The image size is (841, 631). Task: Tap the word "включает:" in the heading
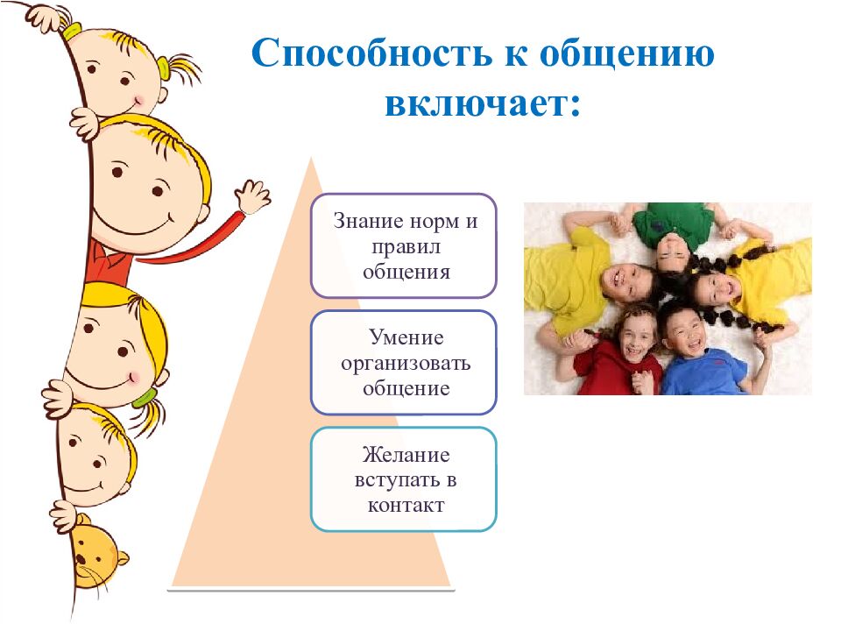pyautogui.click(x=483, y=103)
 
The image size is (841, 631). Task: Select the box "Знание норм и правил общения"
pyautogui.click(x=404, y=245)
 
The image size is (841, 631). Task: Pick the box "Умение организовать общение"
pyautogui.click(x=404, y=363)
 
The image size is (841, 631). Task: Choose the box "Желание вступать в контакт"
pyautogui.click(x=404, y=479)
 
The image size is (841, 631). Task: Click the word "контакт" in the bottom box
pyautogui.click(x=406, y=506)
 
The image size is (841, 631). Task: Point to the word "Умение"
pyautogui.click(x=406, y=338)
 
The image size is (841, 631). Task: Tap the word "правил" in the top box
pyautogui.click(x=406, y=247)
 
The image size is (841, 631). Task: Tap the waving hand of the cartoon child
pyautogui.click(x=253, y=195)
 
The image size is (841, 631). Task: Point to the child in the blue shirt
pyautogui.click(x=697, y=349)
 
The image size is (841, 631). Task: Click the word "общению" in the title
pyautogui.click(x=626, y=54)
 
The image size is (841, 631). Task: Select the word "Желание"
pyautogui.click(x=406, y=455)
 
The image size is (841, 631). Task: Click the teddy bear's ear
pyautogui.click(x=123, y=558)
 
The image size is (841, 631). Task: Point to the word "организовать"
pyautogui.click(x=406, y=364)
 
